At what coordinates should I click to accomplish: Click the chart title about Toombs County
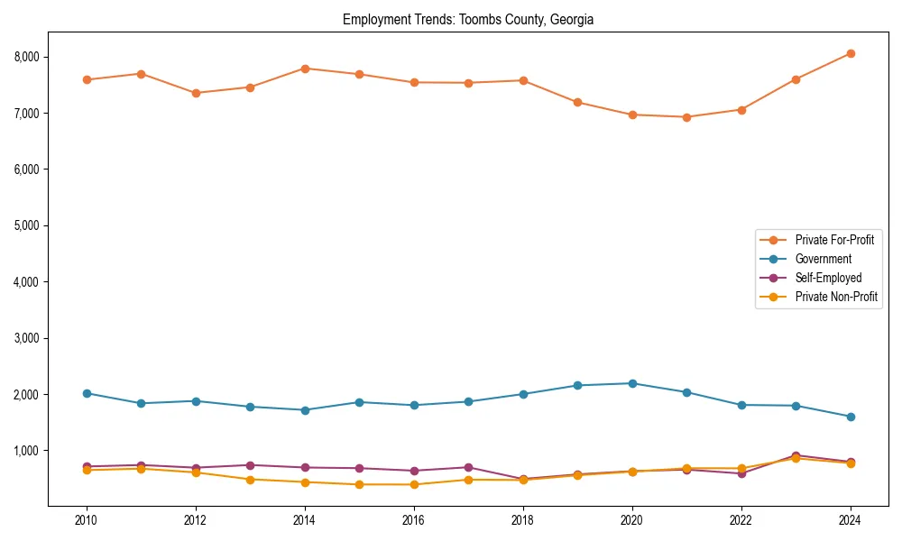(468, 19)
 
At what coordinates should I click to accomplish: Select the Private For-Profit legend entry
(834, 240)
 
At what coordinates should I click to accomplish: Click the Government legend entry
(823, 259)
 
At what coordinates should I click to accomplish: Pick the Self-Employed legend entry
(828, 278)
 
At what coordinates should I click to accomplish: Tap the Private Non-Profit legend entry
(836, 297)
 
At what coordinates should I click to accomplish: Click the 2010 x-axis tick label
(87, 520)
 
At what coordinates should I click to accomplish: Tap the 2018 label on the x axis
(523, 520)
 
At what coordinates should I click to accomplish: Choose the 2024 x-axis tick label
(851, 520)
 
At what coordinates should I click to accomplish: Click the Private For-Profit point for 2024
(851, 53)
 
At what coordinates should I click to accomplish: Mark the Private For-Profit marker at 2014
(305, 69)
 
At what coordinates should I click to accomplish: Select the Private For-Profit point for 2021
(686, 117)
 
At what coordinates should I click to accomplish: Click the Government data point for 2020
(632, 383)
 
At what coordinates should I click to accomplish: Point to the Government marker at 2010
(87, 393)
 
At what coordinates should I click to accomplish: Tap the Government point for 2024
(851, 417)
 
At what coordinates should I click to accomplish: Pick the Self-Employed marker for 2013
(250, 465)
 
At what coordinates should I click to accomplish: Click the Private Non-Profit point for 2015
(359, 484)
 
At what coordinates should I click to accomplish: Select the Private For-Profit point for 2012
(196, 93)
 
